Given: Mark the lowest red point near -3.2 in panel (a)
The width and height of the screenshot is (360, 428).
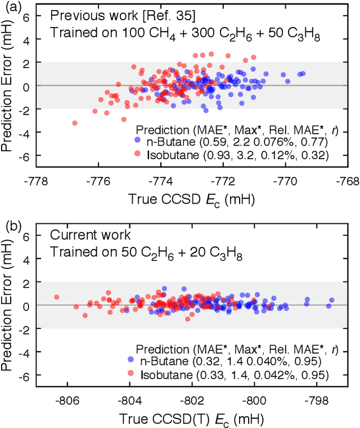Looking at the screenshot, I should pos(75,123).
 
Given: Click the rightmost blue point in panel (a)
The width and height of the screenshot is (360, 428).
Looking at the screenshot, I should pos(303,73).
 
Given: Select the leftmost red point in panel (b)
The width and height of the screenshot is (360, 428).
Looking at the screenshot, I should pos(56,297).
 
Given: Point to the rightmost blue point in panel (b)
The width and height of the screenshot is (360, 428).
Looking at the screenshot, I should pos(331,300).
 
